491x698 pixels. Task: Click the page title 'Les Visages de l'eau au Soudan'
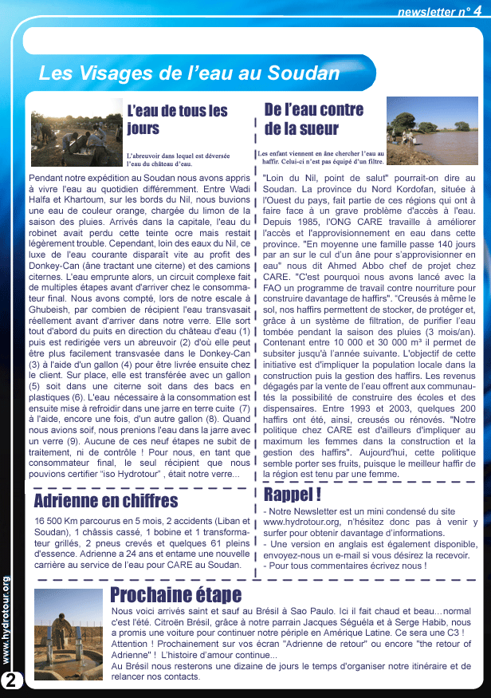coord(189,74)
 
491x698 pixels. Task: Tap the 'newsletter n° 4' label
coord(439,11)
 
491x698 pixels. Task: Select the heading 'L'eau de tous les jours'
coord(177,119)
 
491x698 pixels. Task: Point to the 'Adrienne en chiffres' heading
coord(106,501)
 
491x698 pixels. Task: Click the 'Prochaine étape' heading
coord(175,595)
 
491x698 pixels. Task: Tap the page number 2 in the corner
coord(12,680)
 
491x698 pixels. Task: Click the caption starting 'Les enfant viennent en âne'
coord(320,156)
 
